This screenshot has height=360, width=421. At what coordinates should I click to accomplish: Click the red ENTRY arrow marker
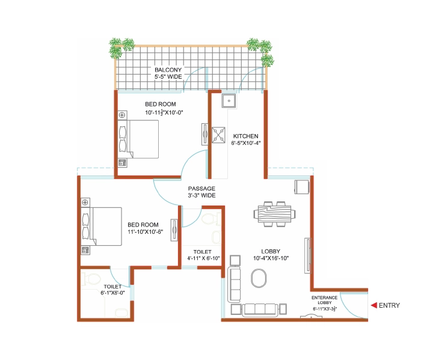coord(374,305)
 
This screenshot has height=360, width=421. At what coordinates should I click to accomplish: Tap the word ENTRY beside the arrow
coord(389,305)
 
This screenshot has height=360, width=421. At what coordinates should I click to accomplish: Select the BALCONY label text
coord(168,70)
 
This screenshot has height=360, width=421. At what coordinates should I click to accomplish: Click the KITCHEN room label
coord(245,136)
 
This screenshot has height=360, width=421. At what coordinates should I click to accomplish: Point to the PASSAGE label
coord(201,189)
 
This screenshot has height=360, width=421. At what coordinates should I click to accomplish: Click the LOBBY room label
coord(271,251)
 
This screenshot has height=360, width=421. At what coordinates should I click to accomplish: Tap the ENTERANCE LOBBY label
coord(324,300)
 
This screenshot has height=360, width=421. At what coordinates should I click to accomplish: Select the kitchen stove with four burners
coord(218,135)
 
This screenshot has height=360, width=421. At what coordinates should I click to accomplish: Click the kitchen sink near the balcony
coord(229,101)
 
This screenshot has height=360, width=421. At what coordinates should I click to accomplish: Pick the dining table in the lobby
coord(274,214)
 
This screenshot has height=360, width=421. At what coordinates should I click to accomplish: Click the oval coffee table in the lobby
coord(259,278)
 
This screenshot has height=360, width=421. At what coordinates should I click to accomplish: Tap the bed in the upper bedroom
coord(138,139)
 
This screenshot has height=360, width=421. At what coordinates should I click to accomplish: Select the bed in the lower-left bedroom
coord(102,227)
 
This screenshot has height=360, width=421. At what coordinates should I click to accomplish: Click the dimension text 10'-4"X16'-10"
coord(271,258)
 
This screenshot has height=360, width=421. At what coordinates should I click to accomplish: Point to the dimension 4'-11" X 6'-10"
coord(203,258)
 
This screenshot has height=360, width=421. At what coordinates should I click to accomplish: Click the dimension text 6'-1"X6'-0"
coord(112,293)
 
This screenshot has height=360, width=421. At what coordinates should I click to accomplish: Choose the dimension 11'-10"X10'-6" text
coord(146,232)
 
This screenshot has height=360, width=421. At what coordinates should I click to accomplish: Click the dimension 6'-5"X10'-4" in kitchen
coord(245,143)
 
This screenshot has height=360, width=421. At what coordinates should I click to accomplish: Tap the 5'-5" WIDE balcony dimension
coord(168,77)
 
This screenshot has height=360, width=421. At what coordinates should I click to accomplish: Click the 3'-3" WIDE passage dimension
coord(201,195)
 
